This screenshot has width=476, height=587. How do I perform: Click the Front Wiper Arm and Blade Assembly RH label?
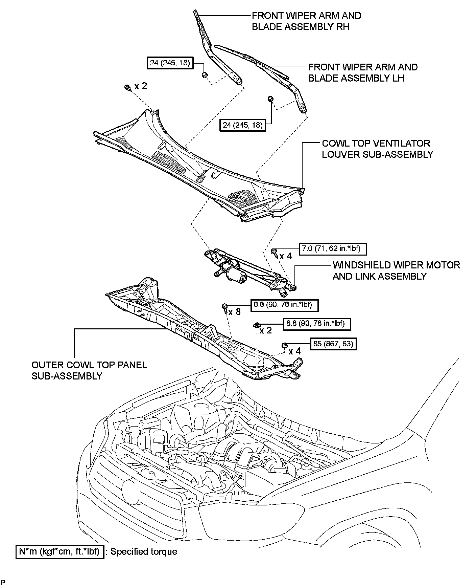(306, 21)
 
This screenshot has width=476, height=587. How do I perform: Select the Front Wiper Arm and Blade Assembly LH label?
(363, 72)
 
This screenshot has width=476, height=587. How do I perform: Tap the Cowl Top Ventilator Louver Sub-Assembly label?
(377, 149)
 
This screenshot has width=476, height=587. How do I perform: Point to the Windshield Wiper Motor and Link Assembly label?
(396, 270)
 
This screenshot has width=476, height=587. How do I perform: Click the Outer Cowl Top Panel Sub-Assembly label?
(89, 370)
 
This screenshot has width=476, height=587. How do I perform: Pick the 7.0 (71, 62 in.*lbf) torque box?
(332, 249)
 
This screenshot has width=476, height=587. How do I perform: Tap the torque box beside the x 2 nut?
(316, 324)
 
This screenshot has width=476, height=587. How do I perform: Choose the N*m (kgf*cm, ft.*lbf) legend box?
(59, 552)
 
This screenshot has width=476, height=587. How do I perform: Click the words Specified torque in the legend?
(144, 552)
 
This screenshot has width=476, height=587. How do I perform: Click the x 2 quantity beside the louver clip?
(141, 86)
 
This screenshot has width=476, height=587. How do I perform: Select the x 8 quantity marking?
(234, 312)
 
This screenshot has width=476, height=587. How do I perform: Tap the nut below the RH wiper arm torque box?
(204, 75)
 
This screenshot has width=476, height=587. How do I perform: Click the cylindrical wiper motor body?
(236, 274)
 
